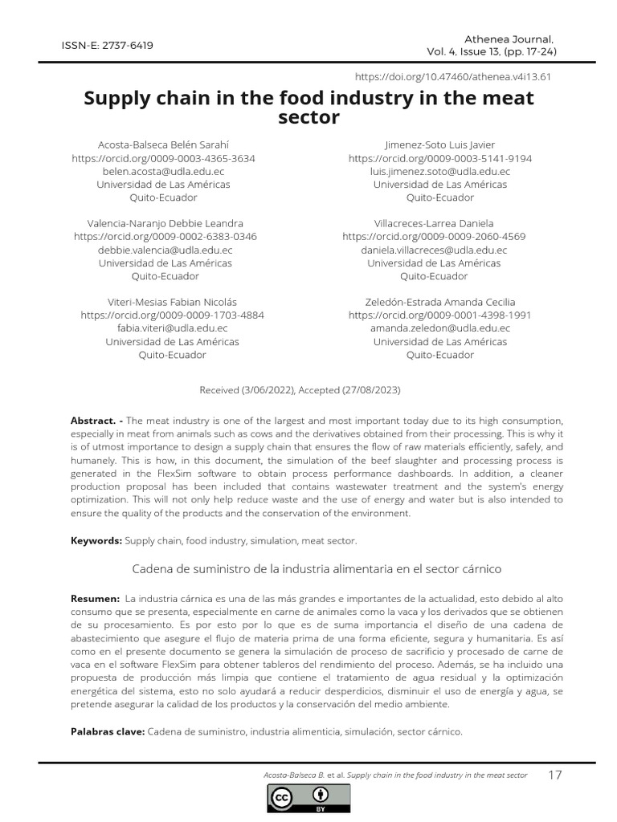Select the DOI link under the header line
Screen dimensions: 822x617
(452, 76)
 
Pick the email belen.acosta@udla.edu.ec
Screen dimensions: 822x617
(163, 171)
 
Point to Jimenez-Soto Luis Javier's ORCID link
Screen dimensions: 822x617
(439, 158)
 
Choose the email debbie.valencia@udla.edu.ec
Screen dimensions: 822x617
(165, 250)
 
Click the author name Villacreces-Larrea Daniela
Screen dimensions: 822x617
(434, 223)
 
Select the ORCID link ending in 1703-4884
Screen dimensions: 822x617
(172, 315)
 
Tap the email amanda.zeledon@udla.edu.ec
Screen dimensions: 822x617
(439, 328)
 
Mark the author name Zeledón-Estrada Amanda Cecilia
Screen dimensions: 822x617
(439, 303)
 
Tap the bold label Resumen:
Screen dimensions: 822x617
(94, 599)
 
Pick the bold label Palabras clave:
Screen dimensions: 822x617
(108, 731)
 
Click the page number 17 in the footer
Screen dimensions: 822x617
(554, 775)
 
